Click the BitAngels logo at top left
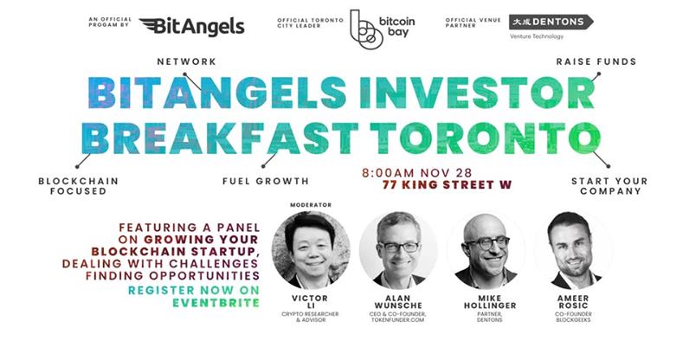(x=191, y=27)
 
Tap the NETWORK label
(x=185, y=62)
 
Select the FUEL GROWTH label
(x=266, y=182)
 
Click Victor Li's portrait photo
(x=311, y=250)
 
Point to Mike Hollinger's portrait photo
(x=487, y=250)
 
